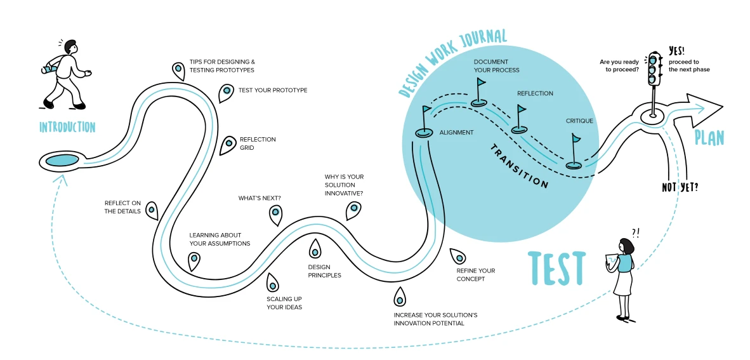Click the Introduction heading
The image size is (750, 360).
[67, 128]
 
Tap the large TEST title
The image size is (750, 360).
[556, 268]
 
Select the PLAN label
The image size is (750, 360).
[709, 138]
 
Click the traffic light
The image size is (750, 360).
[652, 70]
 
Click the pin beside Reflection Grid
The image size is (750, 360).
[227, 145]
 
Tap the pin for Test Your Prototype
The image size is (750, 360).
[225, 93]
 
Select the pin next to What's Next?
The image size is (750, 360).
[275, 215]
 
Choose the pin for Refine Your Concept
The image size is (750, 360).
[457, 256]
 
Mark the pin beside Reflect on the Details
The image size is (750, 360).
[152, 210]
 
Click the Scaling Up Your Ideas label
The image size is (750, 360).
[284, 303]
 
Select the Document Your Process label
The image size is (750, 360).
[496, 66]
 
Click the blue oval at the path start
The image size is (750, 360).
[61, 159]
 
